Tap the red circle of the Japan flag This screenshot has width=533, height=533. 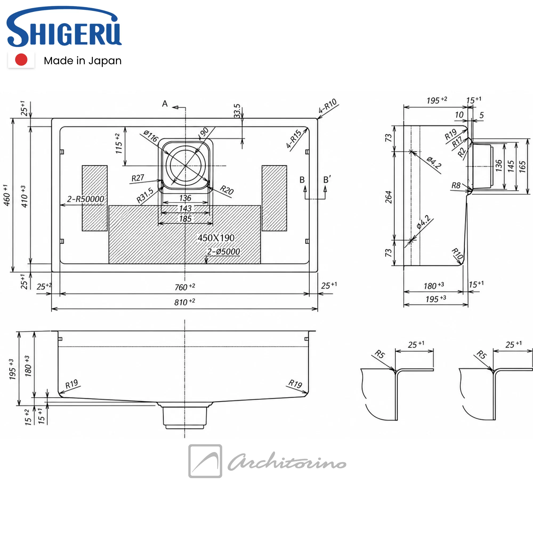point(21,60)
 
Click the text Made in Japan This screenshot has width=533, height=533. point(83,61)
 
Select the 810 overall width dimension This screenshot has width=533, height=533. point(185,302)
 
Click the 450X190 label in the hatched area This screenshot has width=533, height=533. point(216,238)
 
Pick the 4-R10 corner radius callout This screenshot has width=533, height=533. point(328,106)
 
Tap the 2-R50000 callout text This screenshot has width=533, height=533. point(86,199)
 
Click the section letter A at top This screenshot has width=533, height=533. point(165,104)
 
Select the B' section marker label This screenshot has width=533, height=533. point(327,180)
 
